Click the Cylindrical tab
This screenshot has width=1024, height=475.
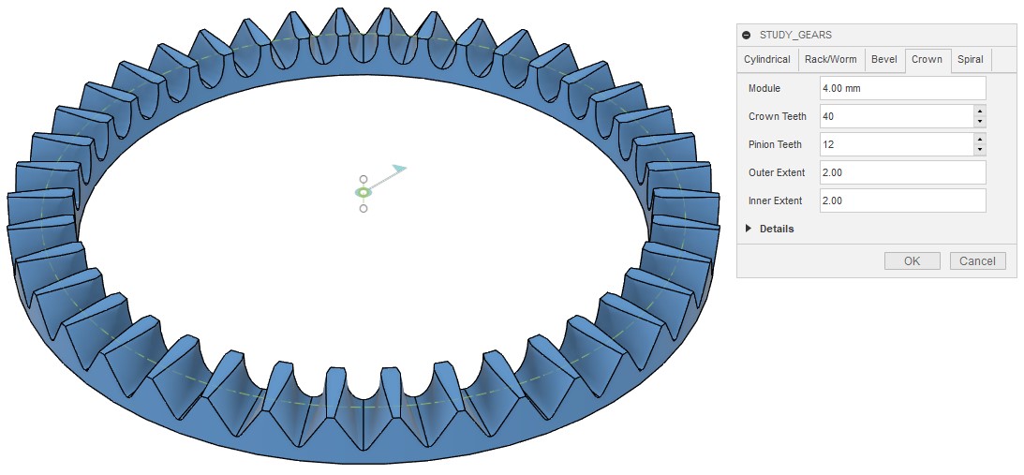[767, 59]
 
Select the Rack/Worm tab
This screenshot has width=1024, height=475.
[831, 59]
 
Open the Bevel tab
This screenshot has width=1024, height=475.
[884, 59]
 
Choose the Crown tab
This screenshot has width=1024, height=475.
[928, 59]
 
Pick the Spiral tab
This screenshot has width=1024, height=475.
[971, 59]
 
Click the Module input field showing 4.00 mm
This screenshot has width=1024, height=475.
[902, 88]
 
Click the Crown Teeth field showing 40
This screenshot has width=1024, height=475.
[897, 116]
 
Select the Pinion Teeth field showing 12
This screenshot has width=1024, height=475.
[897, 144]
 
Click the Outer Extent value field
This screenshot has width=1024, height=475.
[902, 172]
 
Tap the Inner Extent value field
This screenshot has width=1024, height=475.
[902, 200]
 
